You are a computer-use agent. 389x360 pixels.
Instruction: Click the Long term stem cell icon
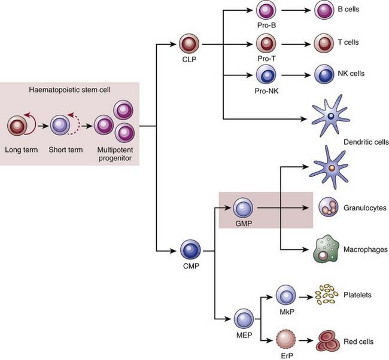coord(19,127)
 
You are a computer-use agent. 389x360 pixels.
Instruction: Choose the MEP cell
coord(243,319)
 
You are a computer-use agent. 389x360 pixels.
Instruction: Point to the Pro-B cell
coord(264,11)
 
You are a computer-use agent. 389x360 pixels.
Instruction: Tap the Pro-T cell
coord(264,44)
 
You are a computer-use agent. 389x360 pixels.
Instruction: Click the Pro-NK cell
coord(264,75)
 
